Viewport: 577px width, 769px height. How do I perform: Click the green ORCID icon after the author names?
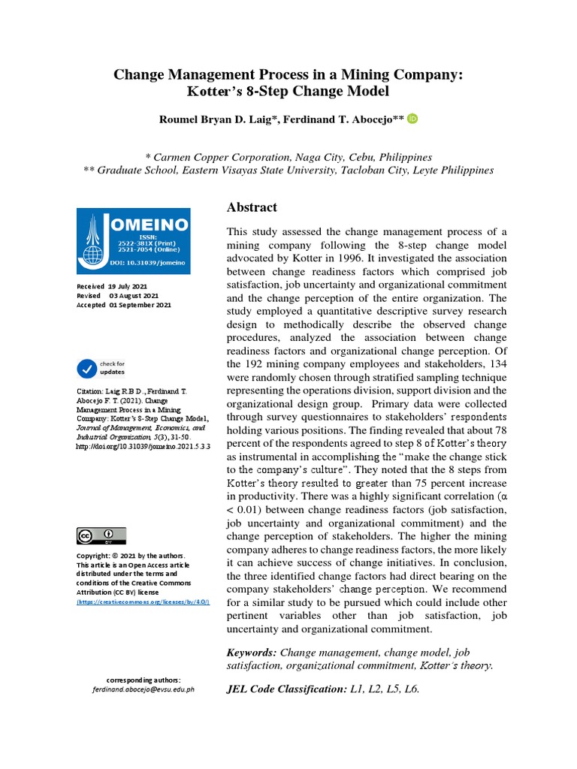(412, 119)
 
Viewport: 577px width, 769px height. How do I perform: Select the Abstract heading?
(252, 207)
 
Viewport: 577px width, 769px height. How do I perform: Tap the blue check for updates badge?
(87, 368)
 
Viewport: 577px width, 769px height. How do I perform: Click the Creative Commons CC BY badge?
(101, 535)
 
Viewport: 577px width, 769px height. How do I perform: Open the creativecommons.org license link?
(143, 602)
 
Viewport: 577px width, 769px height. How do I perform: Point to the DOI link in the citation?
(143, 445)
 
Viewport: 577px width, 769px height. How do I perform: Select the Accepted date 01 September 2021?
(140, 305)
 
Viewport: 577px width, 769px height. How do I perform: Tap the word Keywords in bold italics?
(252, 653)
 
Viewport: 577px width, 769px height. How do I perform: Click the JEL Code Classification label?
(286, 688)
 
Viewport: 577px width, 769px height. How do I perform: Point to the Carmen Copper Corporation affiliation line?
(288, 157)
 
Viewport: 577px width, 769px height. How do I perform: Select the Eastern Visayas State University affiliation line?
(288, 170)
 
